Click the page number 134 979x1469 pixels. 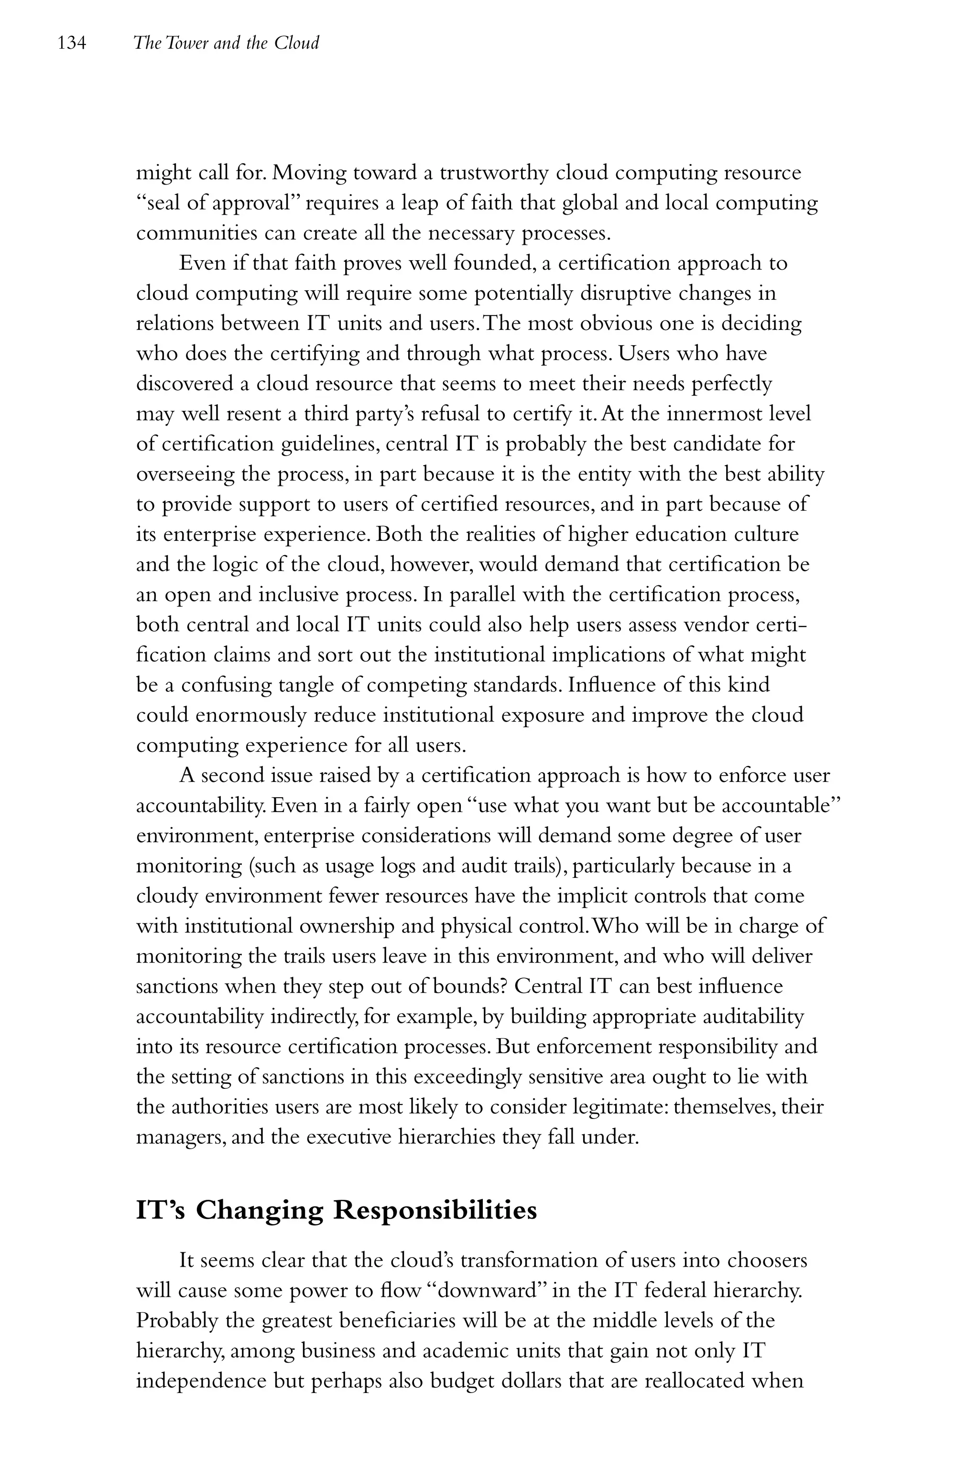coord(71,43)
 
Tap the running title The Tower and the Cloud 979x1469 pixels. coord(226,43)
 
